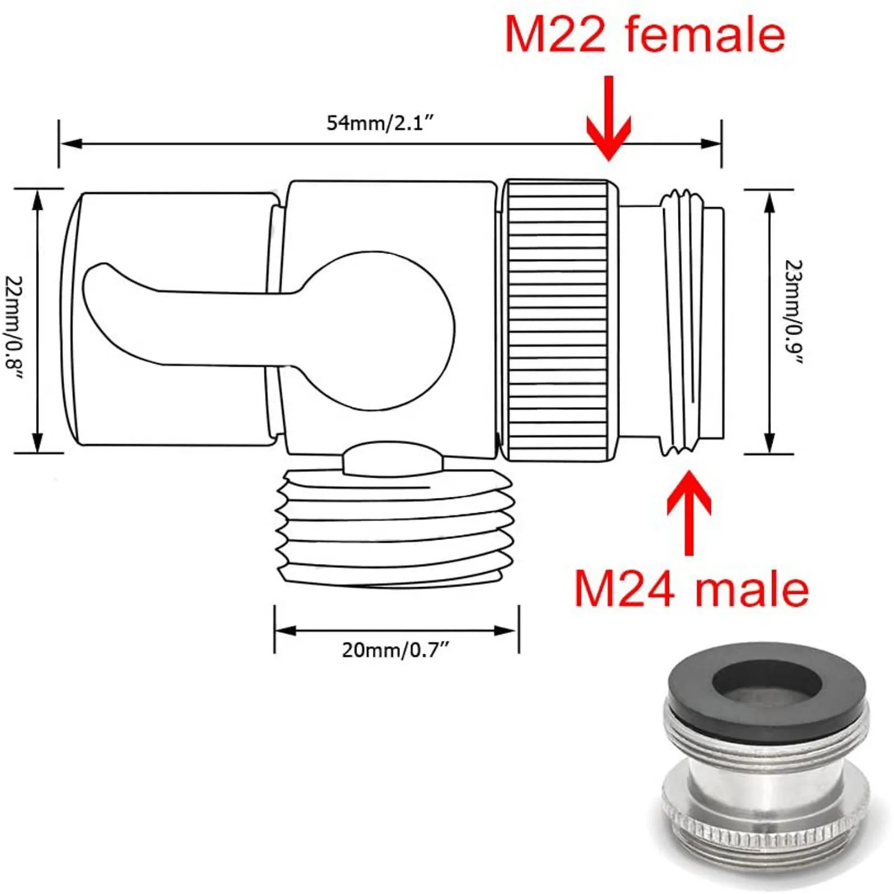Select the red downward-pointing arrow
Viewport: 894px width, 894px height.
point(608,120)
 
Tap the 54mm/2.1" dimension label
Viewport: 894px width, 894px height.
point(379,122)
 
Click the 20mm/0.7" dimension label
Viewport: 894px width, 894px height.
point(395,650)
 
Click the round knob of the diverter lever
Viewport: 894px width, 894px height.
point(380,330)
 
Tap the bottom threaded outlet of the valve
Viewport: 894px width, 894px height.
point(395,528)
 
